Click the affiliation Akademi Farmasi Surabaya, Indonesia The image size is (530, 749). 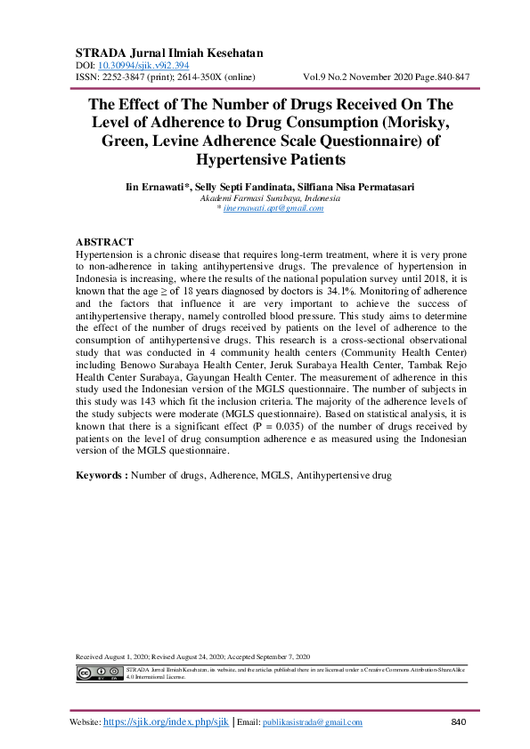265,197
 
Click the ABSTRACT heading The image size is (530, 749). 104,242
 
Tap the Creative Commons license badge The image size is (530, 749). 99,672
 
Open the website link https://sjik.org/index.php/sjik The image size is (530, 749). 167,722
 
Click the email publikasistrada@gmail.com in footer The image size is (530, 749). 313,722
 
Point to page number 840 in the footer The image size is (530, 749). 459,721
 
